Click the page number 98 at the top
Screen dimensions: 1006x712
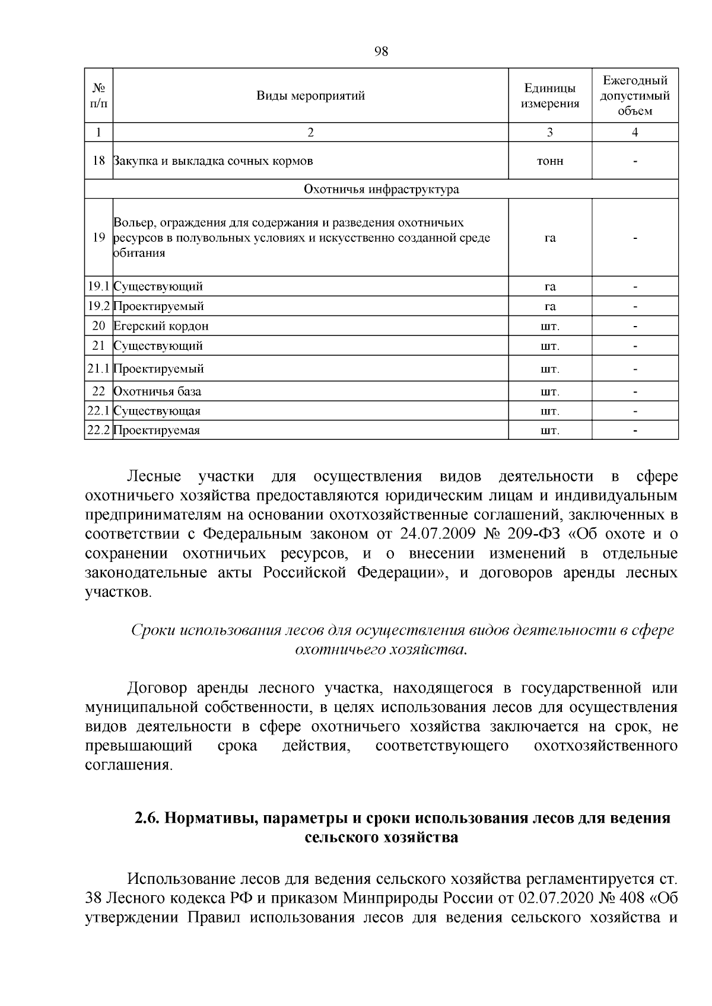(x=381, y=51)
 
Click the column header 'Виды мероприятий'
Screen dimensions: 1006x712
(x=310, y=96)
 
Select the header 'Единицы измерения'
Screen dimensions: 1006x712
(x=549, y=96)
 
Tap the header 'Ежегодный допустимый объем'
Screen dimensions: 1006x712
(x=634, y=96)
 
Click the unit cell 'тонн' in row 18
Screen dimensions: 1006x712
(x=549, y=161)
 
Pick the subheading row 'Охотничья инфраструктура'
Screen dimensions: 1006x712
(x=381, y=190)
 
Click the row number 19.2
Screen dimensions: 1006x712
(x=98, y=306)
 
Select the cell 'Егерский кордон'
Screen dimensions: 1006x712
(x=161, y=326)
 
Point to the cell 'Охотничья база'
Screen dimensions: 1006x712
(x=157, y=392)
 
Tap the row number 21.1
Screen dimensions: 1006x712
(x=98, y=369)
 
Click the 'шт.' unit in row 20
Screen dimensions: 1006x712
(x=549, y=327)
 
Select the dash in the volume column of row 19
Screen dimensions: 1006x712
(x=635, y=238)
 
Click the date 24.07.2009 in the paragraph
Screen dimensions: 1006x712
(x=438, y=534)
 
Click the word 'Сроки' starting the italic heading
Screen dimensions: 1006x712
(x=152, y=630)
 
